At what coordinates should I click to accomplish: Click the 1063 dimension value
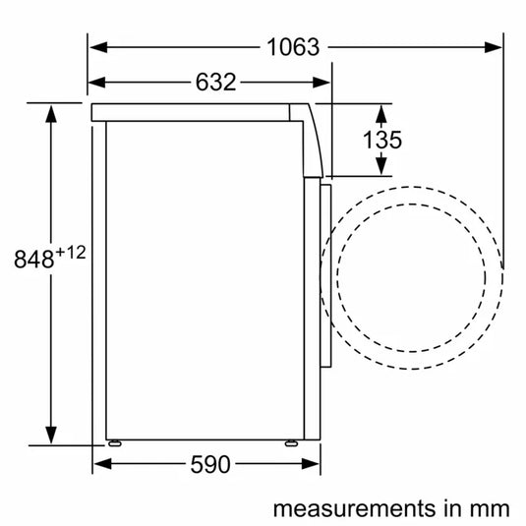[x=292, y=46]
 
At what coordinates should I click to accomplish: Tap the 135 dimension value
[x=381, y=140]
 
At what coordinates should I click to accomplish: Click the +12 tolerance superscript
[x=70, y=252]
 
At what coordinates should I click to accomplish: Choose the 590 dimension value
[x=211, y=465]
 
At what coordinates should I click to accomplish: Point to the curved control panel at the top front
[x=315, y=139]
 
